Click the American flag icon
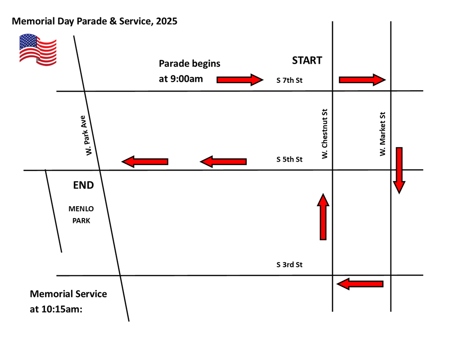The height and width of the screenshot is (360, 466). point(38,50)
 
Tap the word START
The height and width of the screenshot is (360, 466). point(307,61)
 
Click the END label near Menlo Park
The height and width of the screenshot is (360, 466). point(84,185)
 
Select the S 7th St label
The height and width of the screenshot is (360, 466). point(289,80)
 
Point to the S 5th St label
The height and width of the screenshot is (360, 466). point(289,159)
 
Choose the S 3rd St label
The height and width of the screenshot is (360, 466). point(289,264)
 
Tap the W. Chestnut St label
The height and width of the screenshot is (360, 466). point(324,134)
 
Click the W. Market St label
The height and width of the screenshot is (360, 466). point(382,134)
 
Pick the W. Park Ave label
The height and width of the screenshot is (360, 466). point(86,136)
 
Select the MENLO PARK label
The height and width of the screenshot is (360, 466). point(81,215)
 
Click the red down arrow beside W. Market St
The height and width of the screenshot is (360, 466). point(399,170)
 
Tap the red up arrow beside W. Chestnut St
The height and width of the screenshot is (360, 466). point(323,217)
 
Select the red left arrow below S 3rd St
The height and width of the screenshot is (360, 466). point(360,284)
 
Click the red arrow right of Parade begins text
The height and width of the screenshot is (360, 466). point(240,80)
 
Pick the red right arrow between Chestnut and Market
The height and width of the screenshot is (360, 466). point(362,80)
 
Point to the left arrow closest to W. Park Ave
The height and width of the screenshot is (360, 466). point(145,162)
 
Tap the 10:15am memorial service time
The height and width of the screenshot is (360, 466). point(62,309)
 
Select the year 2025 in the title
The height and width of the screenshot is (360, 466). point(167,21)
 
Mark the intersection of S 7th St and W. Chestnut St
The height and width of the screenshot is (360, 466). point(333,91)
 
